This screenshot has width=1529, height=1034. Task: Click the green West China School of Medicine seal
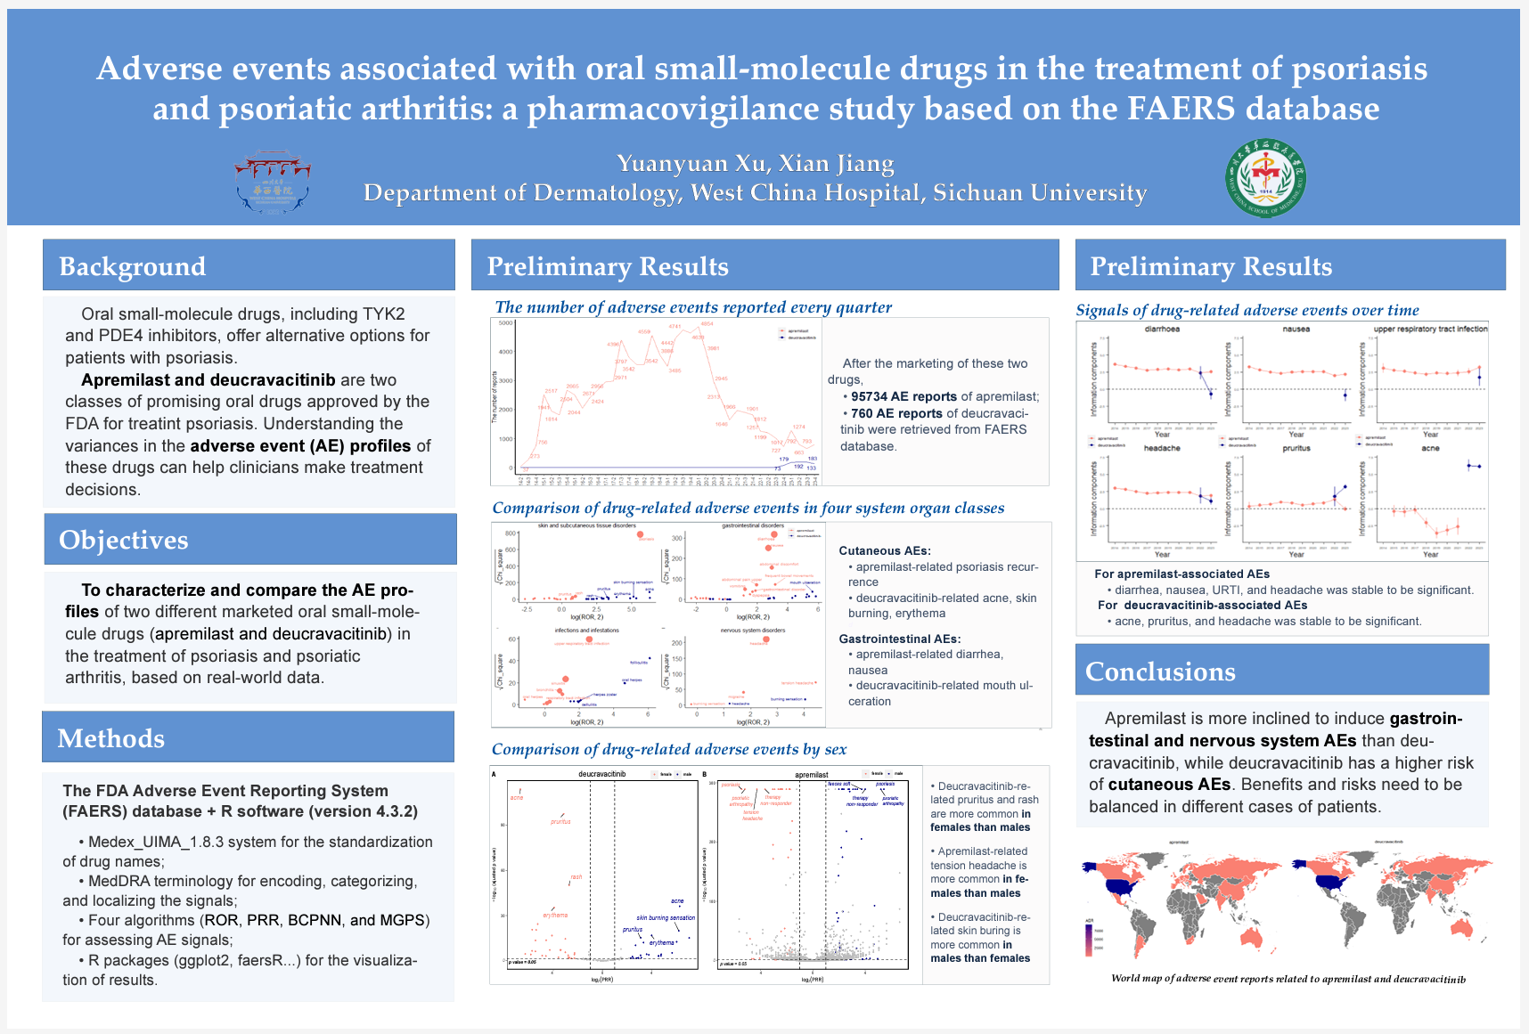[x=1265, y=179]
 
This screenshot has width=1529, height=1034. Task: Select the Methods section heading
[x=111, y=738]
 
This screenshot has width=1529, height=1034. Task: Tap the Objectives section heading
[x=124, y=540]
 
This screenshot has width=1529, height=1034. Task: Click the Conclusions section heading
[x=1160, y=672]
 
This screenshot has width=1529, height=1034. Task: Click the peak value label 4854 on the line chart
[x=707, y=324]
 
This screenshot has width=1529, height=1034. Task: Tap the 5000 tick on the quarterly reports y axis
[x=505, y=323]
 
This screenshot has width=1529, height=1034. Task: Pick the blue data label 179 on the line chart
[x=784, y=460]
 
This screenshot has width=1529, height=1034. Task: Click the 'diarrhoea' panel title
[x=1162, y=330]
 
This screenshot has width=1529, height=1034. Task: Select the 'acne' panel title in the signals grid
[x=1430, y=449]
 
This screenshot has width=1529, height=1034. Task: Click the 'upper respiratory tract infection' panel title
[x=1430, y=330]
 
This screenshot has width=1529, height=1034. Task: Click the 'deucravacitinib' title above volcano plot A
[x=602, y=775]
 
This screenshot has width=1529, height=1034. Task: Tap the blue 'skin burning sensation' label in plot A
[x=666, y=918]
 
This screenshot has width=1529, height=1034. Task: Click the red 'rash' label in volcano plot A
[x=576, y=877]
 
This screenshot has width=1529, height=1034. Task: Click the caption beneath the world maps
[x=1288, y=979]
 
